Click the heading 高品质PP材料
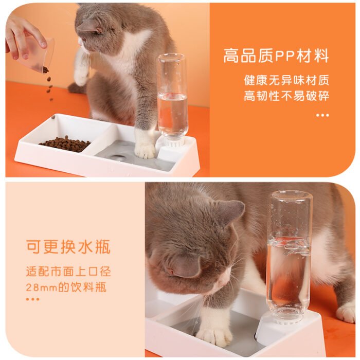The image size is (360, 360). [276, 56]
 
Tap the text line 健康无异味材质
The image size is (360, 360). [286, 81]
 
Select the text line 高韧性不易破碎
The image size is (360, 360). [286, 96]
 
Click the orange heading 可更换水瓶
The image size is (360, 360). [68, 247]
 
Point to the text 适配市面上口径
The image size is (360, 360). [68, 271]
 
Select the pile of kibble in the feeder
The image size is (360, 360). [65, 143]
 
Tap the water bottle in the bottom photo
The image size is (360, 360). [289, 255]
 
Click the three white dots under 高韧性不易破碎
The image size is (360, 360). [322, 115]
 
